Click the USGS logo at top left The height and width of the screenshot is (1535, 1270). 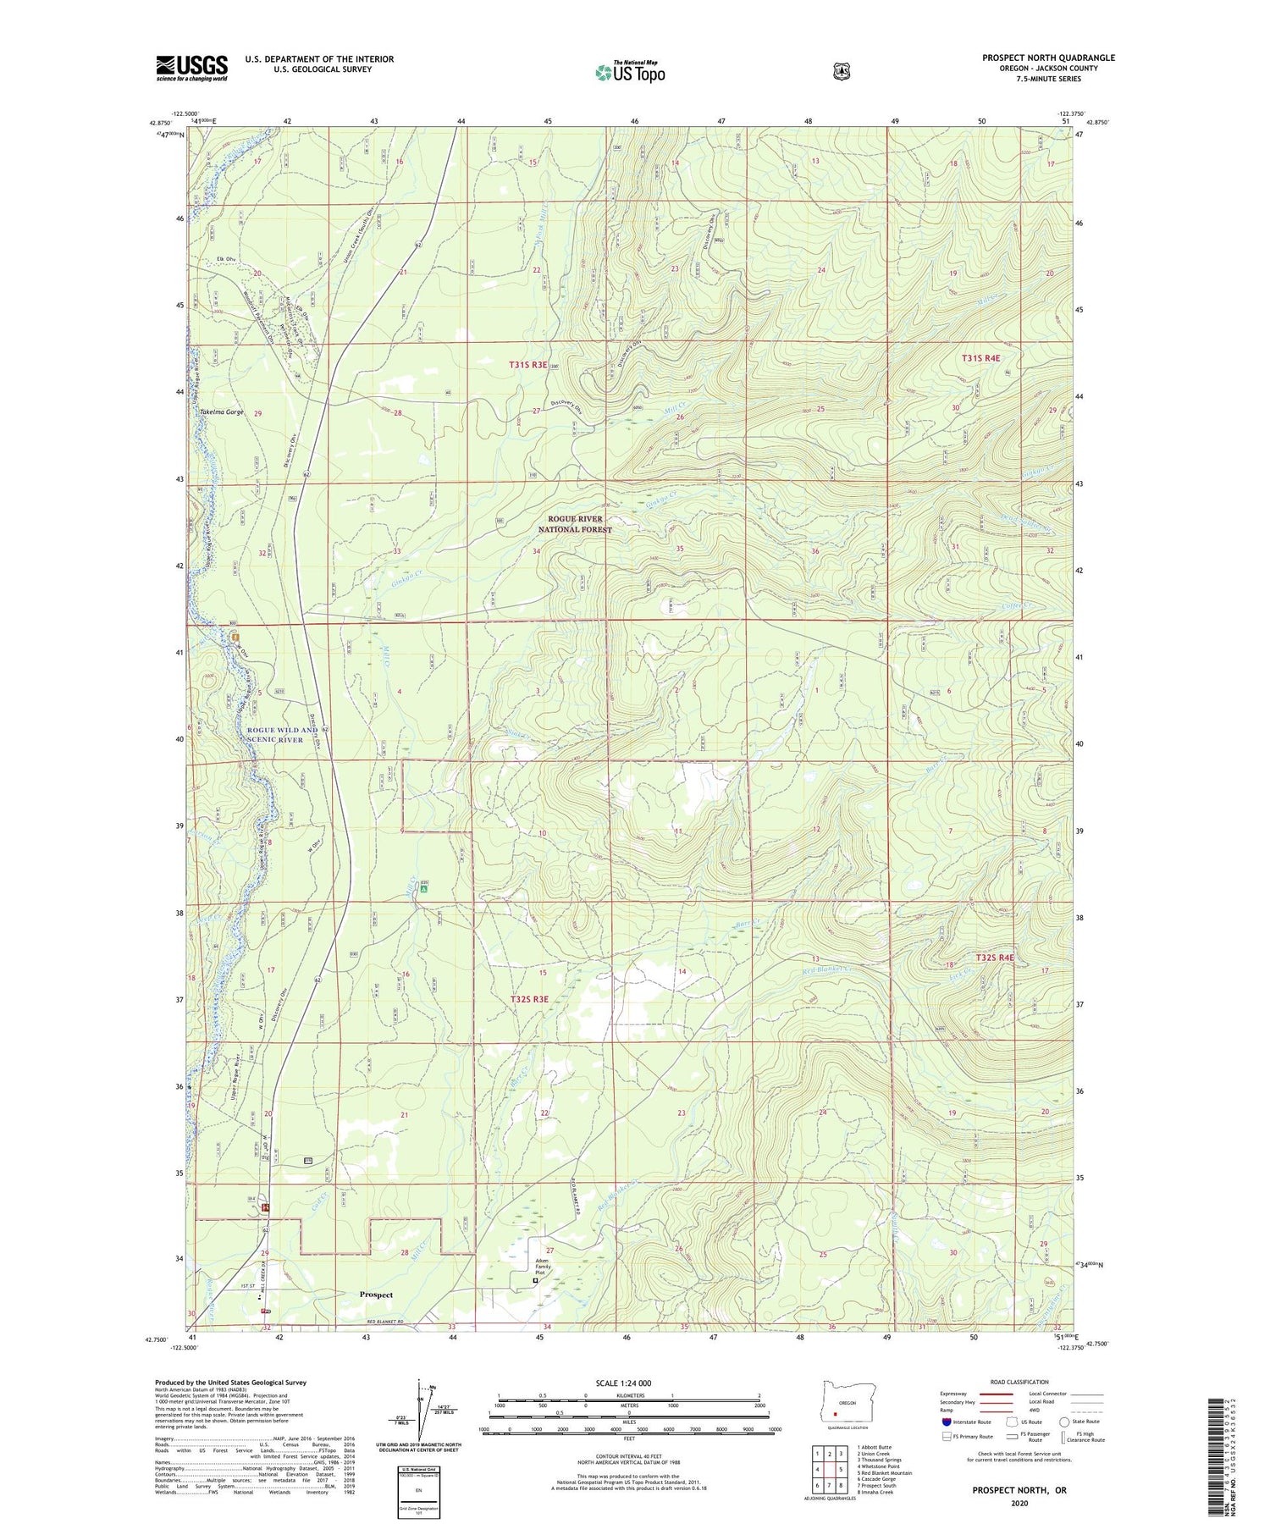(x=191, y=68)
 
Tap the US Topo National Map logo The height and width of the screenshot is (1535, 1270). (x=630, y=71)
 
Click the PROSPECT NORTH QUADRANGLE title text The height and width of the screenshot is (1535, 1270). (x=1048, y=58)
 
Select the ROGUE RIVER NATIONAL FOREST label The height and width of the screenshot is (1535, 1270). (x=575, y=523)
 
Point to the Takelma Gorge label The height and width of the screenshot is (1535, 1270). (x=221, y=412)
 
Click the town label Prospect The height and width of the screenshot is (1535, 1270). (x=376, y=1318)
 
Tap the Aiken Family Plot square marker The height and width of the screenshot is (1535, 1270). (x=534, y=1305)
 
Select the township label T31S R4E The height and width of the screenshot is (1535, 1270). (x=986, y=358)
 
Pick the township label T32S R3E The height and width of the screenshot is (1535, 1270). (x=529, y=999)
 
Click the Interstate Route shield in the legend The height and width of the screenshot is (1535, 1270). (x=947, y=1422)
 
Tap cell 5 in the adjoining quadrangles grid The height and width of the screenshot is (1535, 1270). (x=840, y=1470)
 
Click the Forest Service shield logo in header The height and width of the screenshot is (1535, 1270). (x=841, y=72)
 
